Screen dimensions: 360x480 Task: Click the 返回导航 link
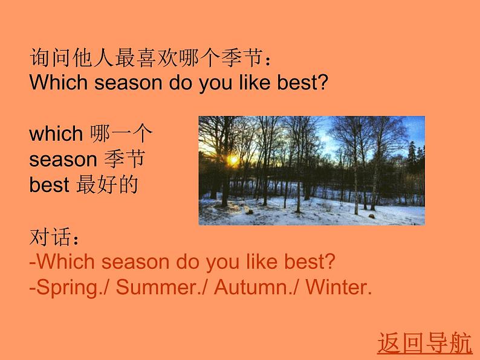[424, 342]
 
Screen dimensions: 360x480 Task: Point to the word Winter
[336, 288]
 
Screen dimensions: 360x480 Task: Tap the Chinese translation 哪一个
[122, 133]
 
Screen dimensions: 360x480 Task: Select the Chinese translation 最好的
[107, 185]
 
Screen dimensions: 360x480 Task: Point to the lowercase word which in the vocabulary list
[56, 133]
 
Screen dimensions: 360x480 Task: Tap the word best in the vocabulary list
[49, 185]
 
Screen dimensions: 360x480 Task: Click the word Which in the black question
[59, 82]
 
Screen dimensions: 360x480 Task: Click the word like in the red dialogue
[261, 262]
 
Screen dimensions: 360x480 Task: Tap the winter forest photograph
[311, 170]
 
